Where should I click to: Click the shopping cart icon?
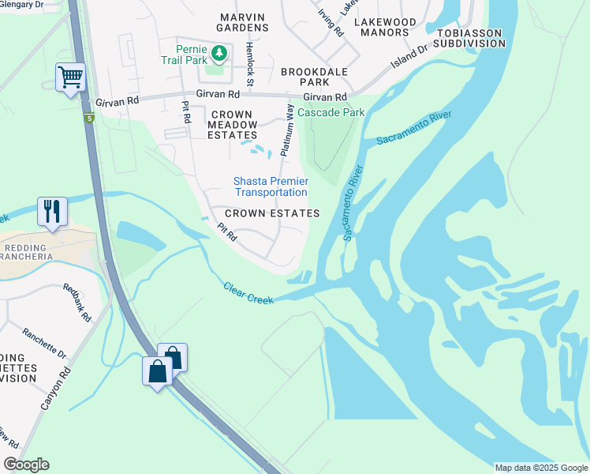(70, 78)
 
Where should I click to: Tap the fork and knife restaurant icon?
(52, 212)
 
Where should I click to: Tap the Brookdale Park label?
(315, 77)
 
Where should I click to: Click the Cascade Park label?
(330, 112)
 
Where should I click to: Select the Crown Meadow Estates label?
(233, 125)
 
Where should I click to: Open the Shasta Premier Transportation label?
(271, 187)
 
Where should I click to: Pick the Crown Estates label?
(272, 213)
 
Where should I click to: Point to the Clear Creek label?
(248, 293)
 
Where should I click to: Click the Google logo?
(26, 465)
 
